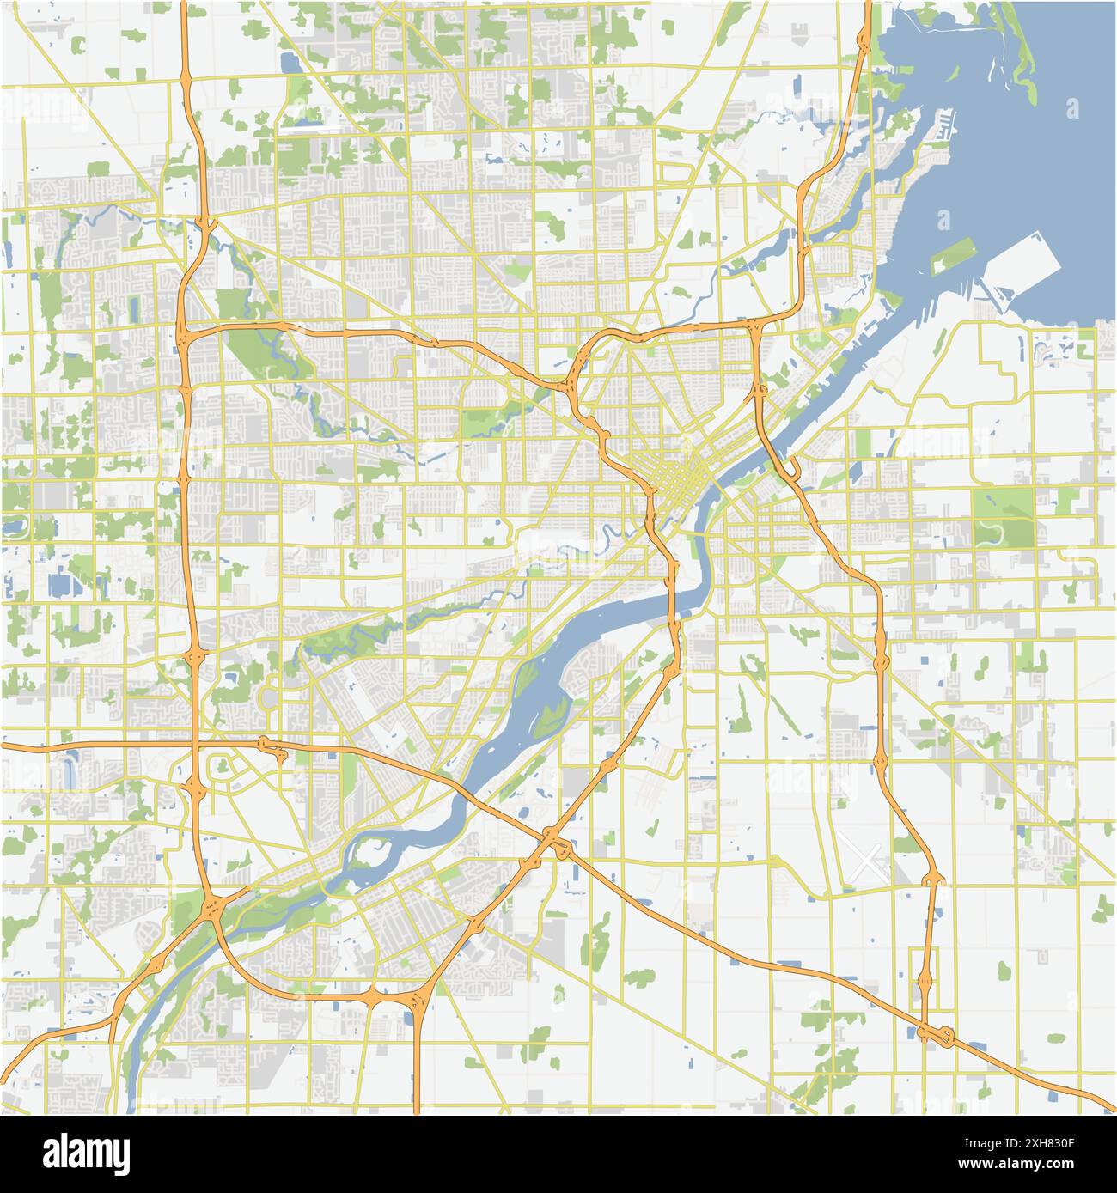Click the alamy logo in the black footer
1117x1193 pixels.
click(78, 1152)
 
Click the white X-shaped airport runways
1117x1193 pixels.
click(867, 860)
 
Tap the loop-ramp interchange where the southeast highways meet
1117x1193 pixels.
click(937, 1036)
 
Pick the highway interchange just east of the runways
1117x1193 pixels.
click(933, 880)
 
